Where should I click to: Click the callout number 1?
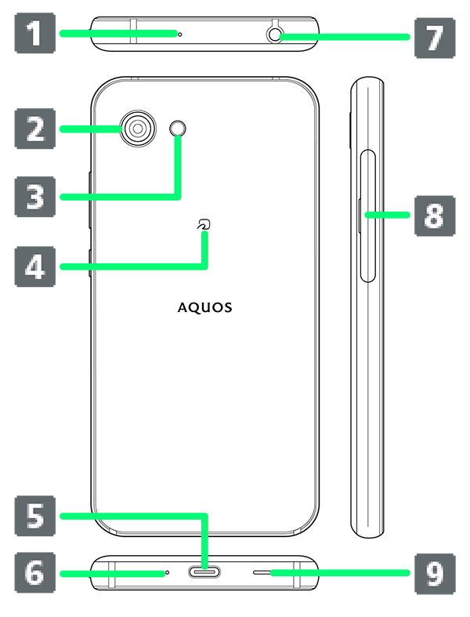(35, 34)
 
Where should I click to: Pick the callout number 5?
(35, 516)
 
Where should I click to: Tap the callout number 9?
(435, 574)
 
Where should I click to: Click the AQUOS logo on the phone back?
(205, 307)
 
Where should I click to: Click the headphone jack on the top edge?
(274, 35)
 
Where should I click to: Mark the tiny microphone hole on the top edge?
(179, 34)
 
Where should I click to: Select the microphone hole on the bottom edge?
(167, 572)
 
